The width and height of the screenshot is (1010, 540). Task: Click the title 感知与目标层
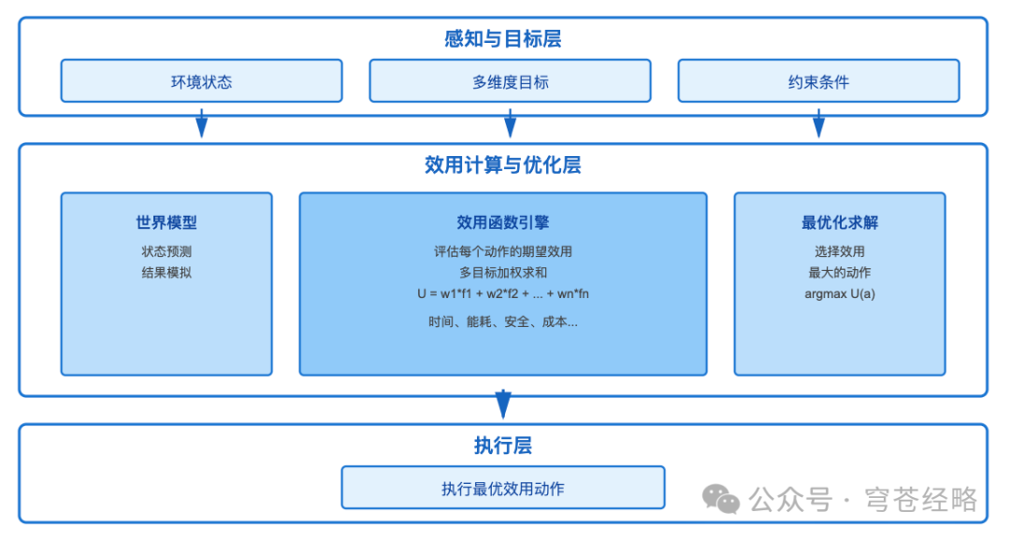(x=503, y=39)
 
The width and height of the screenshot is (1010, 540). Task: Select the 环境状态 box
(x=201, y=81)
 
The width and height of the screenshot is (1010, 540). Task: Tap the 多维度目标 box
(x=510, y=81)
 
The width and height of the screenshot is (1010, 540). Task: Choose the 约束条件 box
(x=818, y=81)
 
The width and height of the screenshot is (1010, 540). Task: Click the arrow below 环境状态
(x=201, y=124)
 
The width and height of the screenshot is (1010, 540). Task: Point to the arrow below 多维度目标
(x=510, y=124)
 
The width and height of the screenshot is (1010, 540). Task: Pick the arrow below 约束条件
(x=818, y=124)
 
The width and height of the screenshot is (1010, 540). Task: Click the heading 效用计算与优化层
(x=503, y=165)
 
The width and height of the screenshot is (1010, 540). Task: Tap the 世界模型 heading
(x=166, y=222)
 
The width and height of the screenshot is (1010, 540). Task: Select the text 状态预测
(x=166, y=251)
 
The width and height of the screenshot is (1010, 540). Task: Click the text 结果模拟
(x=166, y=273)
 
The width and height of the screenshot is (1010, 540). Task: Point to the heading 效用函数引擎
(x=503, y=222)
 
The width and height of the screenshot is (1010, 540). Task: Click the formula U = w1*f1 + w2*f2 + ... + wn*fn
(x=503, y=293)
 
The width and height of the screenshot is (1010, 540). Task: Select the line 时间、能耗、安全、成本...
(x=503, y=321)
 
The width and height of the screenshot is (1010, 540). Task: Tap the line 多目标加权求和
(x=503, y=273)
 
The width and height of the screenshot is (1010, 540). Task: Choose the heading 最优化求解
(x=840, y=222)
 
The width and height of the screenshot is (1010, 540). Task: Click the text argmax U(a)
(x=840, y=293)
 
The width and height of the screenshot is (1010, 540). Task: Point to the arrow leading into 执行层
(x=503, y=405)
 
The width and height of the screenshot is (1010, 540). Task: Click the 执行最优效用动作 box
(x=503, y=488)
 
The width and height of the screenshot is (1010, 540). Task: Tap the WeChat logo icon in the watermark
(x=721, y=499)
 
